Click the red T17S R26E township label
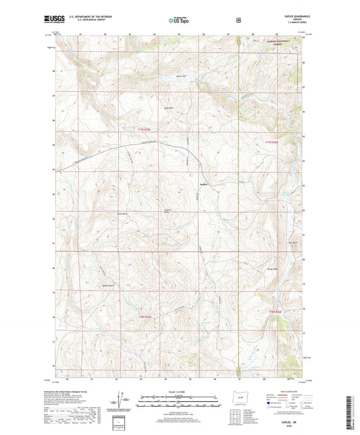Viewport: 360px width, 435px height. [271, 141]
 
